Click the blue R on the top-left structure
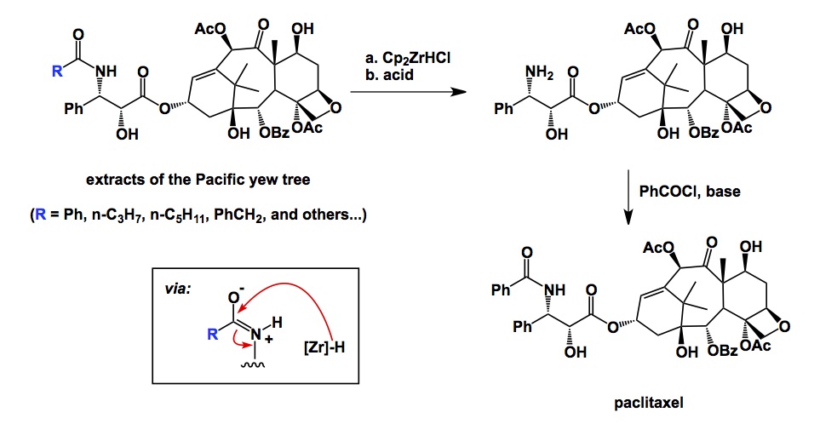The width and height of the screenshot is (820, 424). point(56,72)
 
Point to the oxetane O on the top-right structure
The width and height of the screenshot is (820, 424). point(767,108)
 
